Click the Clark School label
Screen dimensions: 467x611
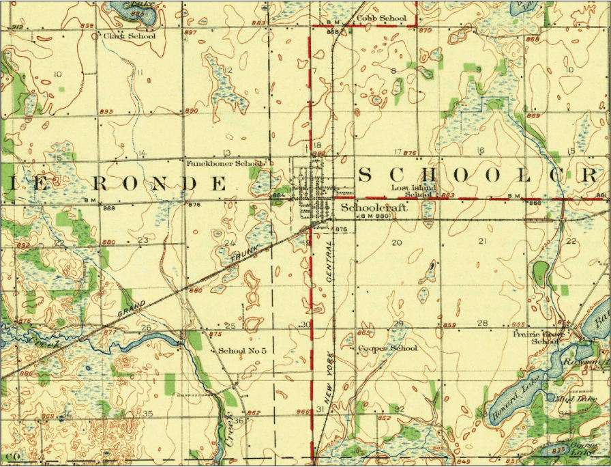(x=129, y=36)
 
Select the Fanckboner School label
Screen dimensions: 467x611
(x=224, y=164)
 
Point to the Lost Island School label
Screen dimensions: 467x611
(x=413, y=191)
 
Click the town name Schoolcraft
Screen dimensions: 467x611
(x=374, y=208)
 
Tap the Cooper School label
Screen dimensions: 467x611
(x=387, y=348)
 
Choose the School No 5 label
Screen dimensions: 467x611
(x=237, y=351)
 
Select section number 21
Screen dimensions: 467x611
(x=482, y=242)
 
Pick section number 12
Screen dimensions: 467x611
(x=228, y=71)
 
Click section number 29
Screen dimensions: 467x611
(x=398, y=324)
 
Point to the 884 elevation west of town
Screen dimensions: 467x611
(x=278, y=195)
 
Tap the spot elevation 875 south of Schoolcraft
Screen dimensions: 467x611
(x=342, y=229)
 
